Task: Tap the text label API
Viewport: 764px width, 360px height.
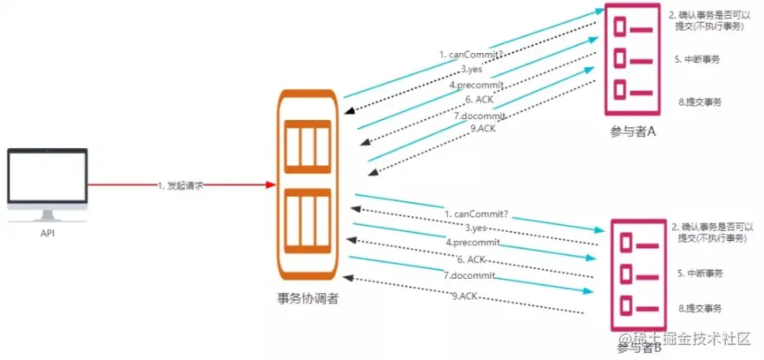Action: (47, 233)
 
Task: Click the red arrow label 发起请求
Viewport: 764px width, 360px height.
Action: (180, 185)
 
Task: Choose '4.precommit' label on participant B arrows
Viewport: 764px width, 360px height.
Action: (472, 242)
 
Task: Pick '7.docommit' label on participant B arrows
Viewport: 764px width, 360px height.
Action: (469, 275)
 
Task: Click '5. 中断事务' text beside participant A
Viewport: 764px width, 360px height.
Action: (699, 60)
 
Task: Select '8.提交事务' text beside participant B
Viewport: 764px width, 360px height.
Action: (700, 308)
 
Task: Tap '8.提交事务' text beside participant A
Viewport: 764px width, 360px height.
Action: (700, 102)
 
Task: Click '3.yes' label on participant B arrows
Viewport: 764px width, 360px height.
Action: (475, 228)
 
